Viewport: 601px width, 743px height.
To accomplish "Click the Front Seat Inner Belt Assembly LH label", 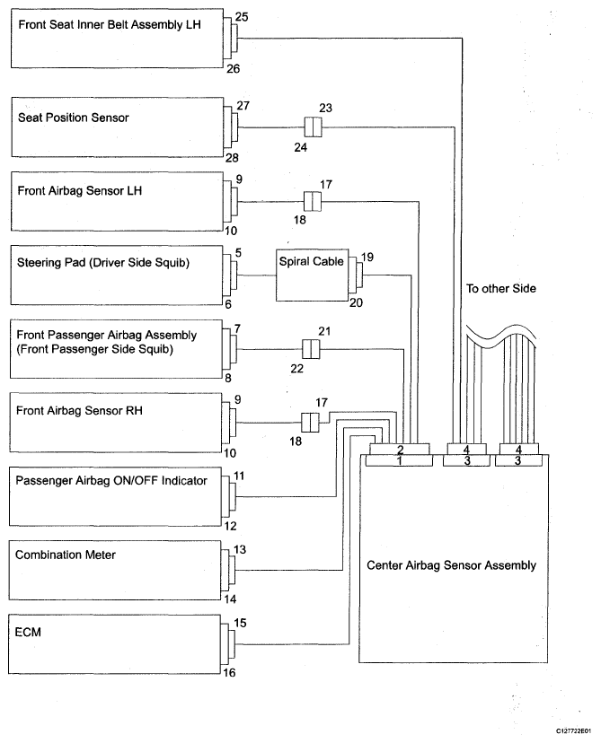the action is (110, 24).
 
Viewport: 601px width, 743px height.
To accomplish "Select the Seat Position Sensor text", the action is (74, 118).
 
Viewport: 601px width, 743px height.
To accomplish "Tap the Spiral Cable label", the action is (311, 261).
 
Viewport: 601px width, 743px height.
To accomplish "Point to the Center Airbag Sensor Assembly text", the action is (451, 565).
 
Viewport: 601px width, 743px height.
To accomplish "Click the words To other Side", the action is (501, 289).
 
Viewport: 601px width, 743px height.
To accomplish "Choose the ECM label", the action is (28, 632).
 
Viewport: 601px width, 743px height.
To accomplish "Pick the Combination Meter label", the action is (66, 555).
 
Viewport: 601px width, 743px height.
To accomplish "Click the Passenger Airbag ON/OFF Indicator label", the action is (111, 481).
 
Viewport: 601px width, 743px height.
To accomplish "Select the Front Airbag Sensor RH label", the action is (79, 410).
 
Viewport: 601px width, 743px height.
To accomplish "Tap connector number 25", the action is (242, 17).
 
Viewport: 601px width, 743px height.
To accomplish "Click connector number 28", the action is (232, 157).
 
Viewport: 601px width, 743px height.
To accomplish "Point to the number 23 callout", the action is (325, 108).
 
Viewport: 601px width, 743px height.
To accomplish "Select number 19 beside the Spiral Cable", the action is (367, 258).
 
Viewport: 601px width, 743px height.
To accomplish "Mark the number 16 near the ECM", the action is (229, 673).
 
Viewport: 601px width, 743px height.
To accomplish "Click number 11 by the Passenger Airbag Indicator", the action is (239, 476).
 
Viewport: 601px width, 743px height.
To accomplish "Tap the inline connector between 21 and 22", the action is (311, 350).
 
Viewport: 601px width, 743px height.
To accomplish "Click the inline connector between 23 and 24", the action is (313, 127).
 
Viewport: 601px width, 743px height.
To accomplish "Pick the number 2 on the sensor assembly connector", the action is (401, 450).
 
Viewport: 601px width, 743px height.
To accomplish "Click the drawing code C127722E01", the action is (574, 731).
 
